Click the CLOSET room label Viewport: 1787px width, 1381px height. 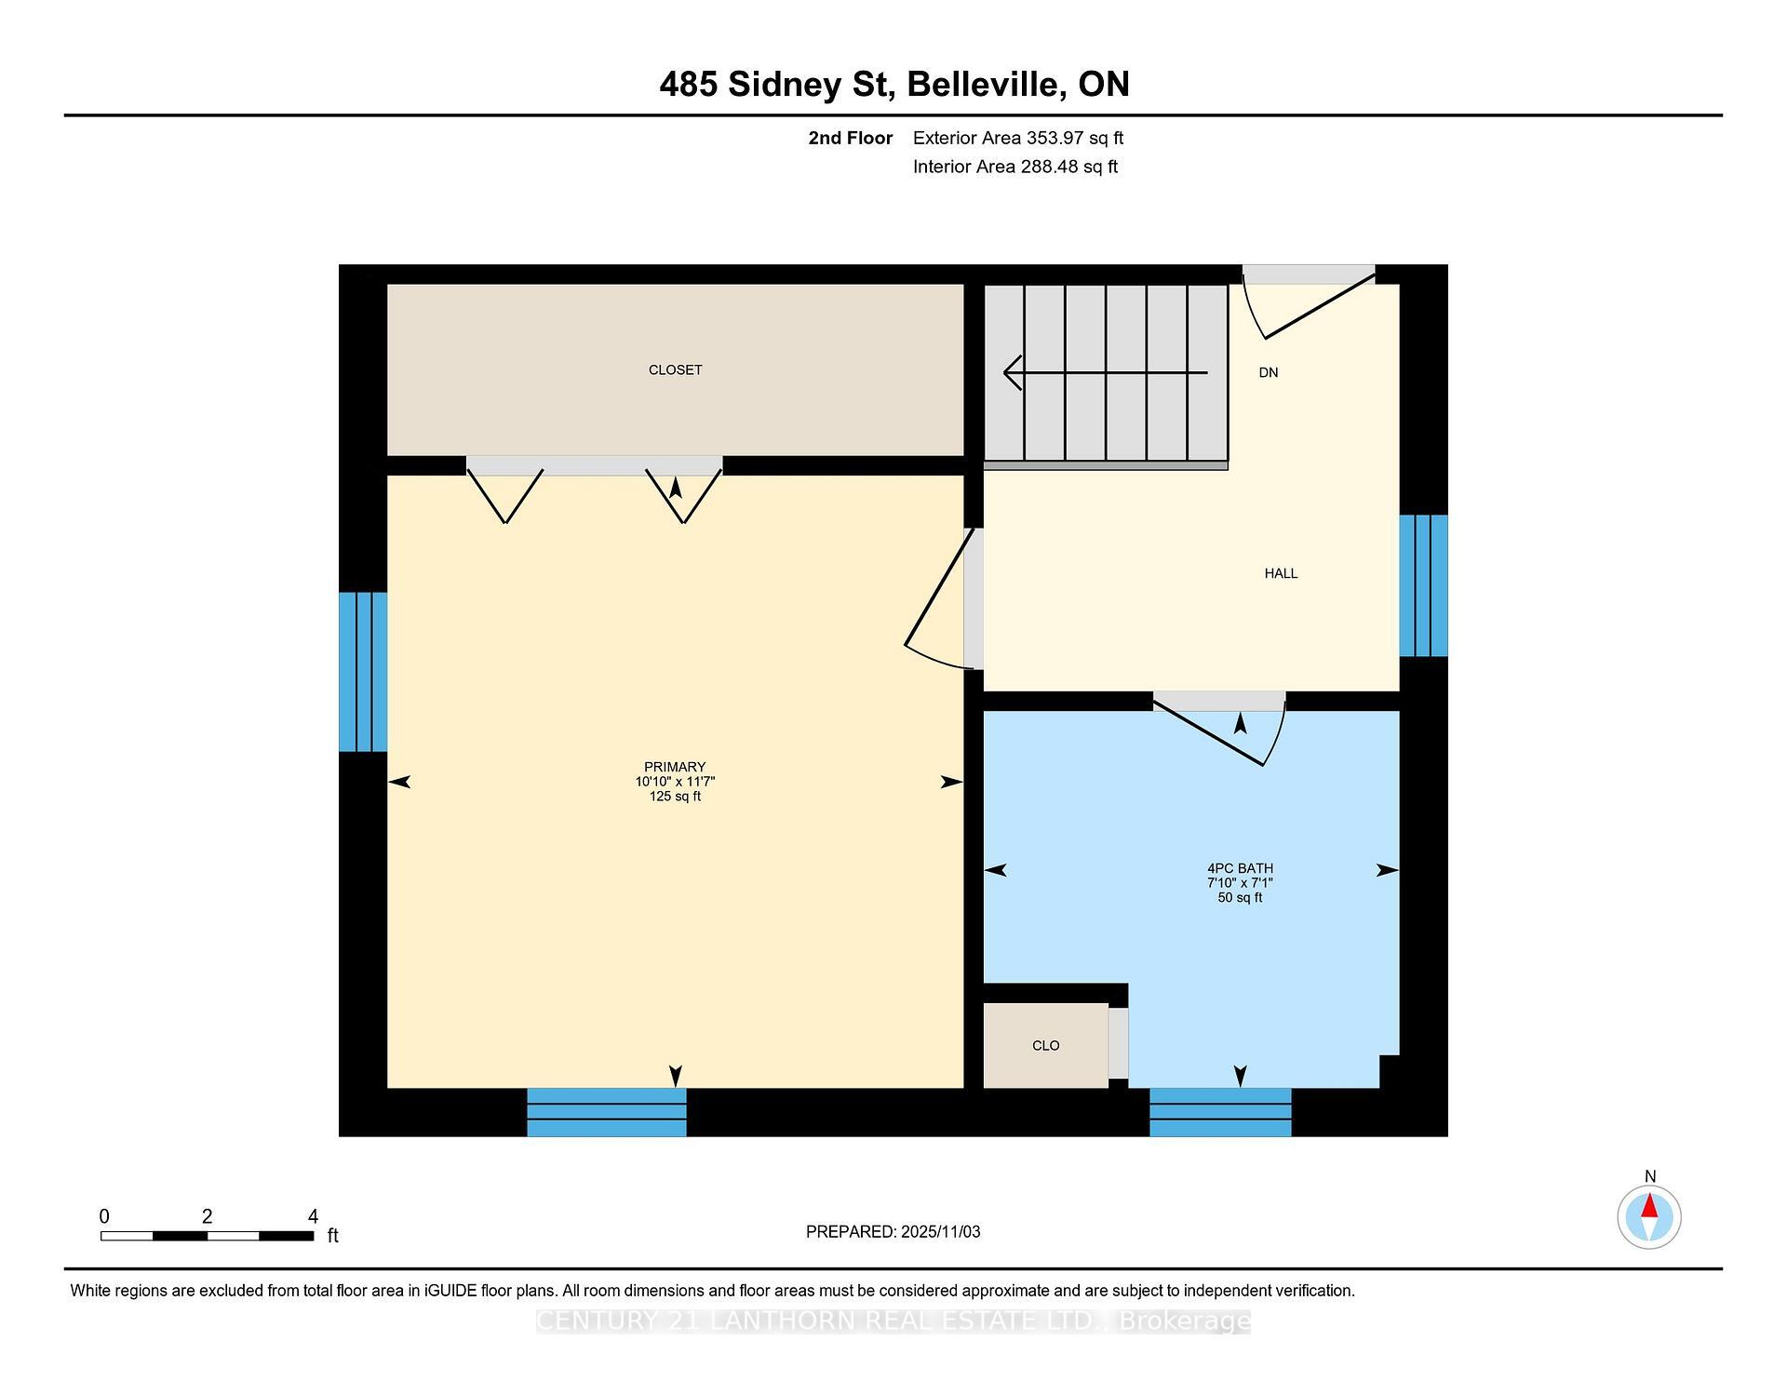[x=675, y=370]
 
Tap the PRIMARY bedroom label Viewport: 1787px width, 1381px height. [x=675, y=768]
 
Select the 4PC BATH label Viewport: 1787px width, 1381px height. [x=1240, y=868]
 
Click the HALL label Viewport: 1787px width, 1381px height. [x=1281, y=573]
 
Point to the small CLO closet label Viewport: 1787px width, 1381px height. [x=1045, y=1046]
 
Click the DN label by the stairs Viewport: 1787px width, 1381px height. [x=1268, y=372]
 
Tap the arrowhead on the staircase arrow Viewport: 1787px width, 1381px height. [x=1012, y=372]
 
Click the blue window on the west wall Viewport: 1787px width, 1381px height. [x=363, y=672]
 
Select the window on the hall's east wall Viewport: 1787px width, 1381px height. [x=1423, y=585]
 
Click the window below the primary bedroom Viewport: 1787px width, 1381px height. [x=607, y=1112]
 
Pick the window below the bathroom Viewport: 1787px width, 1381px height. [x=1220, y=1112]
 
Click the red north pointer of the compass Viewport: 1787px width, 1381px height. [x=1649, y=1207]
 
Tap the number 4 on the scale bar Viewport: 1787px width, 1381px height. [x=314, y=1216]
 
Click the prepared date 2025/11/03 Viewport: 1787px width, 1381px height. [x=940, y=1232]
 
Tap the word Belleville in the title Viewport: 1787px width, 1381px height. [x=986, y=85]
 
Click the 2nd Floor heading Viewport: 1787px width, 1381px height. [x=850, y=139]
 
